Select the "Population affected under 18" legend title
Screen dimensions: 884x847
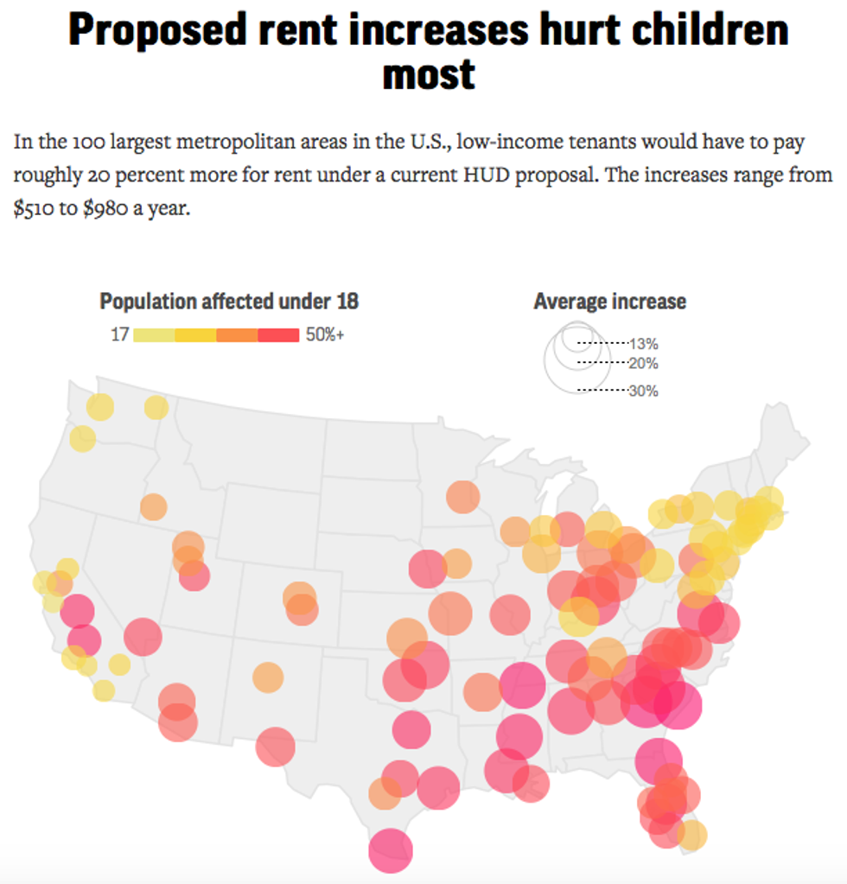pos(229,302)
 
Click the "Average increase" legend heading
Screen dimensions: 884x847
pos(609,302)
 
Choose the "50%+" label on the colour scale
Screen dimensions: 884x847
pos(325,335)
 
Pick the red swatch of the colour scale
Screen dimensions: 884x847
pos(278,335)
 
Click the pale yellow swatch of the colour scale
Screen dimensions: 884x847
pos(154,335)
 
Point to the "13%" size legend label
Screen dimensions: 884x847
pos(644,343)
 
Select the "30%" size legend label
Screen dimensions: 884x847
pos(644,391)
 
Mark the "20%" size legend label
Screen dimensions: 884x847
pos(644,363)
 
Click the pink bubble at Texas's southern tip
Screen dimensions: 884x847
pos(391,850)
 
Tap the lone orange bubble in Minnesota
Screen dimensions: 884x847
pos(463,497)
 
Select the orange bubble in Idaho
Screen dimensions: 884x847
pos(153,506)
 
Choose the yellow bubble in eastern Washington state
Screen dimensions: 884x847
pos(156,407)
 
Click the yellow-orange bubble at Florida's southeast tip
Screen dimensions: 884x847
pos(691,834)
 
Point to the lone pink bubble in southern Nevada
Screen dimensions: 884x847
pos(143,638)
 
